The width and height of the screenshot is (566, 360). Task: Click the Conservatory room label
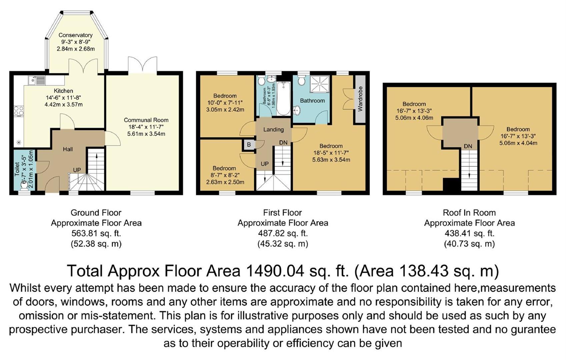coord(76,35)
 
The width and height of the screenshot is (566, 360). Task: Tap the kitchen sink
coord(37,80)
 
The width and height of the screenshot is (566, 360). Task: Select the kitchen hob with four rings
coord(19,111)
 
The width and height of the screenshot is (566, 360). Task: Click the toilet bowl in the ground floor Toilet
coord(24,186)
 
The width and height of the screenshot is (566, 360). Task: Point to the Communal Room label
coord(146,120)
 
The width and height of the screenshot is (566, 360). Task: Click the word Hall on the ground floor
coord(68,149)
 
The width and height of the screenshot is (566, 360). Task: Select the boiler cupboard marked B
coord(249,145)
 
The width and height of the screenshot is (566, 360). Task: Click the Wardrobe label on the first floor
coord(360,99)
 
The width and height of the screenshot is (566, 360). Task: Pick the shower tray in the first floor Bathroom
coord(320,84)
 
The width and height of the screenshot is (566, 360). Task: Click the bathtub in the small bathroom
coord(284,99)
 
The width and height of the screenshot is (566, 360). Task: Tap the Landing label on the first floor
coord(273,130)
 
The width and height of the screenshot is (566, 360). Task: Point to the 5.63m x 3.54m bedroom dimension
coord(331,160)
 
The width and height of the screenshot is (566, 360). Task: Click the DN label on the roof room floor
coord(468,146)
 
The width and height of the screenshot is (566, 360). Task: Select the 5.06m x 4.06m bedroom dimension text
coord(414,118)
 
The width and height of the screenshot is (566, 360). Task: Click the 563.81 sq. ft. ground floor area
coord(96,233)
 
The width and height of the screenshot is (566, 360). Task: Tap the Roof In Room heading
coord(469,213)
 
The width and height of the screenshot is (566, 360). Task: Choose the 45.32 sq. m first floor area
coord(283,244)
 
